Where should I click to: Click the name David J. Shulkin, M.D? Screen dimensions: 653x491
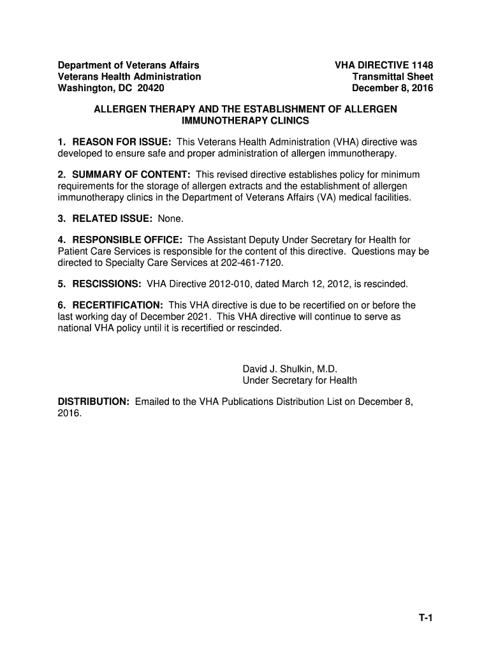point(289,369)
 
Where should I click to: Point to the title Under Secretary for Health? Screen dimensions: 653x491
point(300,381)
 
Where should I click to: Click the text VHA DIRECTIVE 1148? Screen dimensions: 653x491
point(384,66)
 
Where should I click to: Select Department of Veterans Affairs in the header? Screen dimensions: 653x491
point(129,66)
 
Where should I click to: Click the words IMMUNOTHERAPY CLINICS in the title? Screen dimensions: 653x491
point(246,121)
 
